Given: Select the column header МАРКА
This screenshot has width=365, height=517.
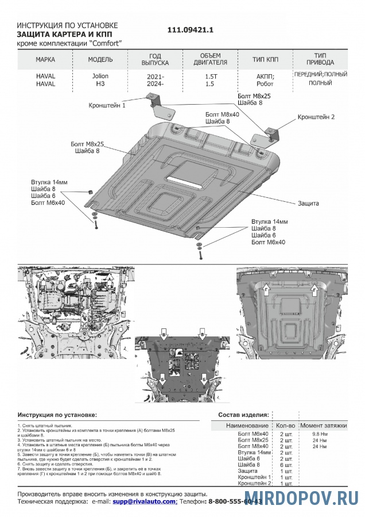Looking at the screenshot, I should coord(45,60).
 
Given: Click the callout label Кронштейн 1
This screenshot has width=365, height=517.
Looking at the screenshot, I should coord(107,106).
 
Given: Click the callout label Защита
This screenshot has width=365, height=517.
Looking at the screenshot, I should coord(308,203).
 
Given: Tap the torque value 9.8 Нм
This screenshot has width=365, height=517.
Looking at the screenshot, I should coord(320,434).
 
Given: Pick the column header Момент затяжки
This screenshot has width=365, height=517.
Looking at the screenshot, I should coord(324,426).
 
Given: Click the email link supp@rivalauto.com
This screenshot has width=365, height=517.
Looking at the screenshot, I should coord(144,501).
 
